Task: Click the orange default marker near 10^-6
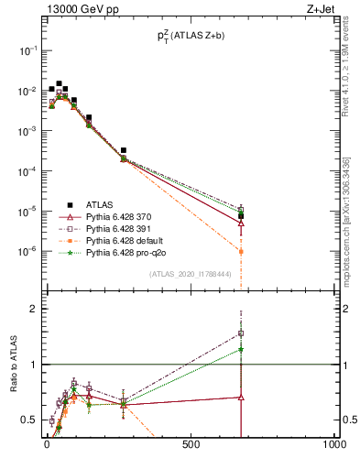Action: pos(241,251)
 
